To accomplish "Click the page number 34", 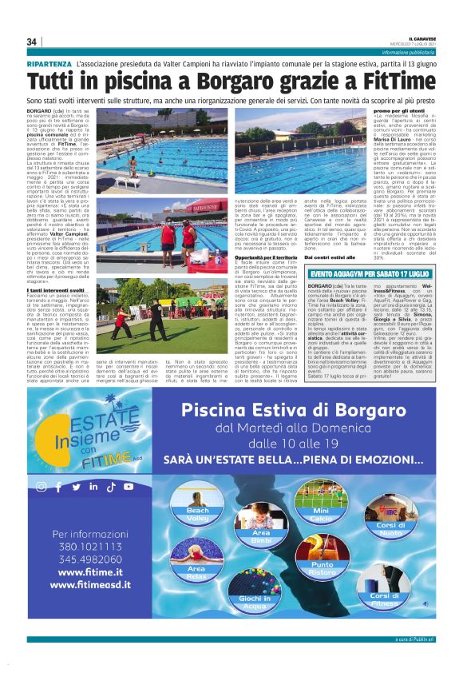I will click(33, 42).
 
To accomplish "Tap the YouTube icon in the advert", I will click(128, 487).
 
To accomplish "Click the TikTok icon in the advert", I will click(110, 487).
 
